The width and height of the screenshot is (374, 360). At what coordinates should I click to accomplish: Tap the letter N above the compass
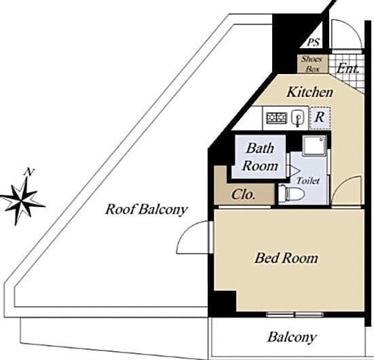[x=29, y=172]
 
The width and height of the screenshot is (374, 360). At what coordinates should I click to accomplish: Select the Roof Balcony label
[x=146, y=210]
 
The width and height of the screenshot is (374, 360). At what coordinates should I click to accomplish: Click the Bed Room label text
[x=286, y=258]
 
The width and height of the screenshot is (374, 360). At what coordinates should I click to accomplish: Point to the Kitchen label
[x=310, y=92]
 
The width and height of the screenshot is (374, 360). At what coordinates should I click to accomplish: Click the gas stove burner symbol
[x=277, y=118]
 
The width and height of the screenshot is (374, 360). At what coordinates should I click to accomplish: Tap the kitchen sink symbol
[x=298, y=118]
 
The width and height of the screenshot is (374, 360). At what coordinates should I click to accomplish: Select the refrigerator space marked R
[x=320, y=118]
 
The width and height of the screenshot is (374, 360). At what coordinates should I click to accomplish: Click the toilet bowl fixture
[x=291, y=194]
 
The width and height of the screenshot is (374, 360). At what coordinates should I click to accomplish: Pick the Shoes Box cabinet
[x=312, y=64]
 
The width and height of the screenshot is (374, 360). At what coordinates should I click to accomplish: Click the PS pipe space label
[x=313, y=42]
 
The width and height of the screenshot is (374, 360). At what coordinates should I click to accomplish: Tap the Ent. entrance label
[x=348, y=69]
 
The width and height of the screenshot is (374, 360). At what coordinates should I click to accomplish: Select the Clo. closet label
[x=243, y=194]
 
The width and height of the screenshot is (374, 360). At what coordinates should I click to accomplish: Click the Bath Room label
[x=260, y=157]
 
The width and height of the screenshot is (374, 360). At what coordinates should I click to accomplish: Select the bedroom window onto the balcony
[x=295, y=314]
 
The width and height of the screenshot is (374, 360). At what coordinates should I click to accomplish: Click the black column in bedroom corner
[x=224, y=302]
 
